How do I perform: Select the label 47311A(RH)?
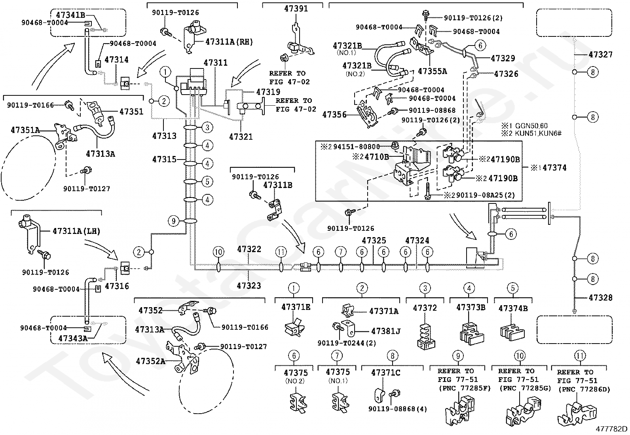coord(229,42)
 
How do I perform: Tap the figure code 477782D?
coord(612,429)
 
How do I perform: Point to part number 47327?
coord(601,55)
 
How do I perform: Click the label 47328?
coord(600,298)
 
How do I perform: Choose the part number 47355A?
coord(433,71)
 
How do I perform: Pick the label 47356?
coord(334,115)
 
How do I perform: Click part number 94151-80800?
coord(357,147)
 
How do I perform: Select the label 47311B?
coord(278,185)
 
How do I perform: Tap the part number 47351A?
coord(25,130)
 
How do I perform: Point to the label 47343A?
coord(72,338)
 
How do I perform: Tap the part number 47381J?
coord(386,331)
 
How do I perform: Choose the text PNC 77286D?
coord(580,389)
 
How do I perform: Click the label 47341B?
coord(70,15)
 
